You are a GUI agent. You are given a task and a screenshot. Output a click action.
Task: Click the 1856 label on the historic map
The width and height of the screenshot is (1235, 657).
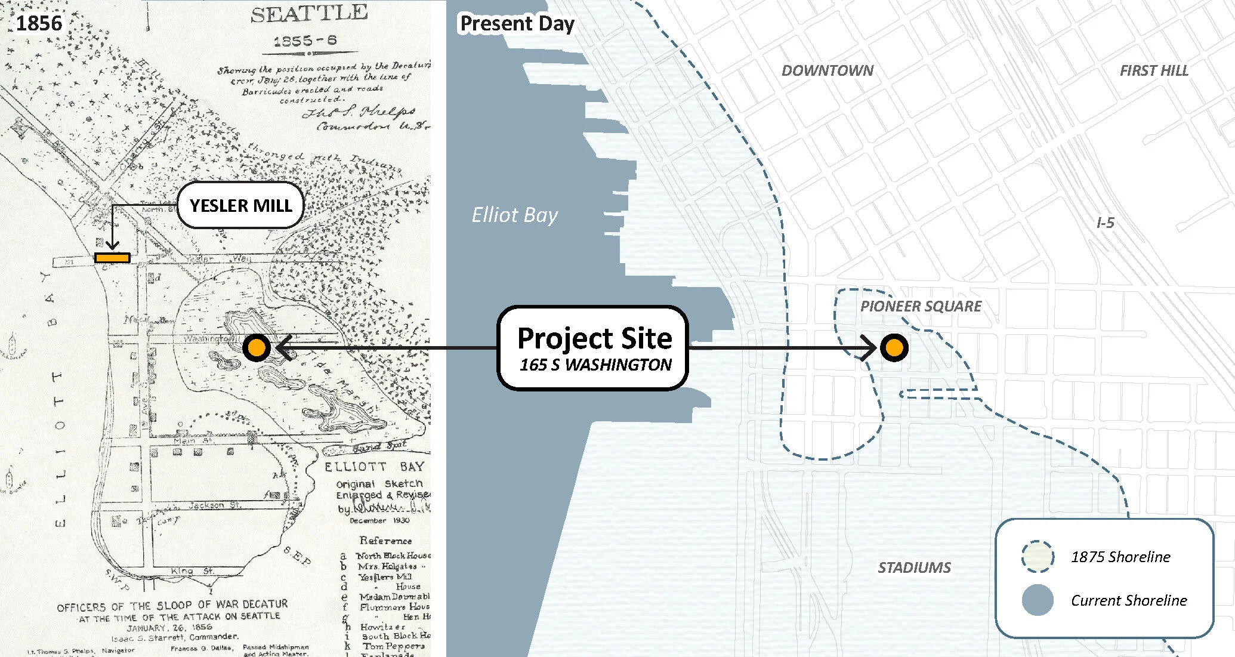pyautogui.click(x=39, y=23)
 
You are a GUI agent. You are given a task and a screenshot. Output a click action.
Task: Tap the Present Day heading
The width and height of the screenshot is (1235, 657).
pyautogui.click(x=517, y=24)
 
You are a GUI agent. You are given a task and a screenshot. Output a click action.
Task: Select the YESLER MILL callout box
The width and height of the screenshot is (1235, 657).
pyautogui.click(x=240, y=205)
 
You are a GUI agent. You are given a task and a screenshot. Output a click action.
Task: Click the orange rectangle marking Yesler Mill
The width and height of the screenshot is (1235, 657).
pyautogui.click(x=112, y=258)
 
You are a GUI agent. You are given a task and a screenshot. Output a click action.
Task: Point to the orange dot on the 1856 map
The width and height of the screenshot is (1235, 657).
pyautogui.click(x=257, y=347)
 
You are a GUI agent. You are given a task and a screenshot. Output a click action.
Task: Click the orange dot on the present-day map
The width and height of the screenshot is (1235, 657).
pyautogui.click(x=894, y=347)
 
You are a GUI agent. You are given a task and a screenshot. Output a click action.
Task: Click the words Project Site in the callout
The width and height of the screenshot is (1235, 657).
pyautogui.click(x=594, y=338)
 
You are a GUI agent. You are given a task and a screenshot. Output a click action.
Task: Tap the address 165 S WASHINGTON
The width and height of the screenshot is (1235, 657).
pyautogui.click(x=595, y=365)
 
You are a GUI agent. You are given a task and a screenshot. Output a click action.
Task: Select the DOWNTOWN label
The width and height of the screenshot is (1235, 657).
pyautogui.click(x=828, y=70)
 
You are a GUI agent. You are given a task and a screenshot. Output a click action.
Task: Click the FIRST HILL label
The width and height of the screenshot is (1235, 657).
pyautogui.click(x=1154, y=70)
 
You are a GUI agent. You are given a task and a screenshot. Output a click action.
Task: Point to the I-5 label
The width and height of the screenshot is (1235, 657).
pyautogui.click(x=1106, y=223)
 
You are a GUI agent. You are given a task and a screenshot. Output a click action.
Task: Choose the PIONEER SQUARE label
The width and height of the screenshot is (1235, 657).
pyautogui.click(x=921, y=306)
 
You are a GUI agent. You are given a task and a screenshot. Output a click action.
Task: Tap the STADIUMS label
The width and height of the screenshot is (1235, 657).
pyautogui.click(x=914, y=567)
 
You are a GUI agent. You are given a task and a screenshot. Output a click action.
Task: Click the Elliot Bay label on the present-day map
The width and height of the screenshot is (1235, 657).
pyautogui.click(x=514, y=215)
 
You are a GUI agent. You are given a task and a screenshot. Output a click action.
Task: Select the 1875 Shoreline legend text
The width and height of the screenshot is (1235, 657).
pyautogui.click(x=1120, y=557)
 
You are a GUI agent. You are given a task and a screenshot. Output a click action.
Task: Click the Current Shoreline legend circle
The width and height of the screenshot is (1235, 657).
pyautogui.click(x=1038, y=600)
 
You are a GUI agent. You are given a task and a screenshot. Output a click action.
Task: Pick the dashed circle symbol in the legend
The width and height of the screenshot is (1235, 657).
pyautogui.click(x=1038, y=556)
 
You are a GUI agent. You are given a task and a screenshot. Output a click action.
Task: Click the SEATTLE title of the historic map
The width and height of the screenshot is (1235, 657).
pyautogui.click(x=308, y=14)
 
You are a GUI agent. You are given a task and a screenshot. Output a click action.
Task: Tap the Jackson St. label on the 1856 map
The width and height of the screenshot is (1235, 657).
pyautogui.click(x=215, y=505)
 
